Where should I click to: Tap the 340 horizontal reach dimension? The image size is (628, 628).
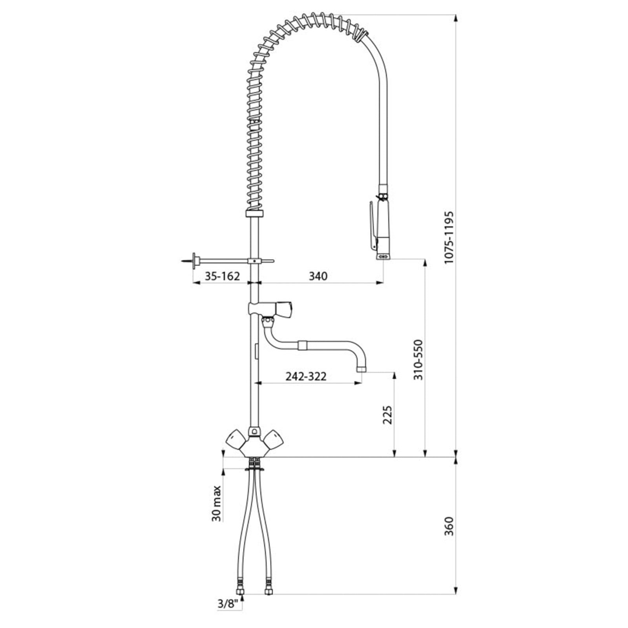pyautogui.click(x=318, y=276)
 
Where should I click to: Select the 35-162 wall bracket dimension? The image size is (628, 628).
pyautogui.click(x=222, y=276)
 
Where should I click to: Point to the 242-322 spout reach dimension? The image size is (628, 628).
pyautogui.click(x=306, y=376)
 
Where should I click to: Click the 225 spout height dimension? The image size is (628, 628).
pyautogui.click(x=387, y=415)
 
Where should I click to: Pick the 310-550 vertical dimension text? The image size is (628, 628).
pyautogui.click(x=419, y=360)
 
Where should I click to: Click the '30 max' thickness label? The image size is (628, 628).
pyautogui.click(x=217, y=504)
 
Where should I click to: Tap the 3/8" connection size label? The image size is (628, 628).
pyautogui.click(x=228, y=615)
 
